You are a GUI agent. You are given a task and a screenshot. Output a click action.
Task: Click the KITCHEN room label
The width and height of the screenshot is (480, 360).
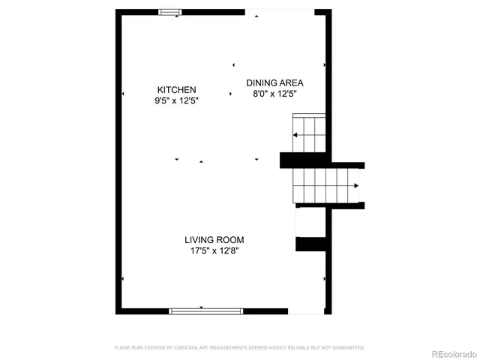(x=176, y=89)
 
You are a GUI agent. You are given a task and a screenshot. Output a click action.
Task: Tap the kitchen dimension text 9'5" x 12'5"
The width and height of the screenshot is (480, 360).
(x=176, y=100)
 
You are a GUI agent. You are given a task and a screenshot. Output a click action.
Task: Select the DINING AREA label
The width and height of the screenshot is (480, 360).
(x=274, y=83)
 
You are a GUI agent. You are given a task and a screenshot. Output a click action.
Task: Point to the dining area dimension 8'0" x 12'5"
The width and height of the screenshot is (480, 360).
(x=274, y=94)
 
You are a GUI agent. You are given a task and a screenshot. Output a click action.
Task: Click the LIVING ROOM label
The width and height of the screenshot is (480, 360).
(x=214, y=240)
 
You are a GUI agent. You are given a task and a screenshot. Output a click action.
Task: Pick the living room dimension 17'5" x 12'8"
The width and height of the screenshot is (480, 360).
(x=214, y=251)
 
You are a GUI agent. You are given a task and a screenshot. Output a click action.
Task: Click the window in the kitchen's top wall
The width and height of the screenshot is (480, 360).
(x=170, y=12)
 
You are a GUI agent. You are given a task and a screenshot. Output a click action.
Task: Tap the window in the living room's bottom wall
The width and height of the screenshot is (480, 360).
(x=206, y=310)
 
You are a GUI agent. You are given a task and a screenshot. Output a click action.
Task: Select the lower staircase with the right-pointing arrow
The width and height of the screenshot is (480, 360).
(x=326, y=184)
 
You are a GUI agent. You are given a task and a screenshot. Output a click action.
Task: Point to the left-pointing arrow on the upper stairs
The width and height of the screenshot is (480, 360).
(x=295, y=135)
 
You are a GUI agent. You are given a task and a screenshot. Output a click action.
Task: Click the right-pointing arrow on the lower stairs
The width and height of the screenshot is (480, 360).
(x=356, y=184)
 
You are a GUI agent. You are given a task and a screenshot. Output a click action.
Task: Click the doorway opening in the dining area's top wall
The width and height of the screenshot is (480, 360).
(x=279, y=12)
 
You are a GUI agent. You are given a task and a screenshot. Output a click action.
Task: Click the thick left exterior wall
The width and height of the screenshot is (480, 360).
(x=118, y=161)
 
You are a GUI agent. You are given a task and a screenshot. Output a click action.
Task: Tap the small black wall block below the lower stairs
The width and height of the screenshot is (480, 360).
(x=308, y=244)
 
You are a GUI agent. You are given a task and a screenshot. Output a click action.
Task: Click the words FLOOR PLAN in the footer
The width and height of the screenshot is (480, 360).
(x=127, y=348)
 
